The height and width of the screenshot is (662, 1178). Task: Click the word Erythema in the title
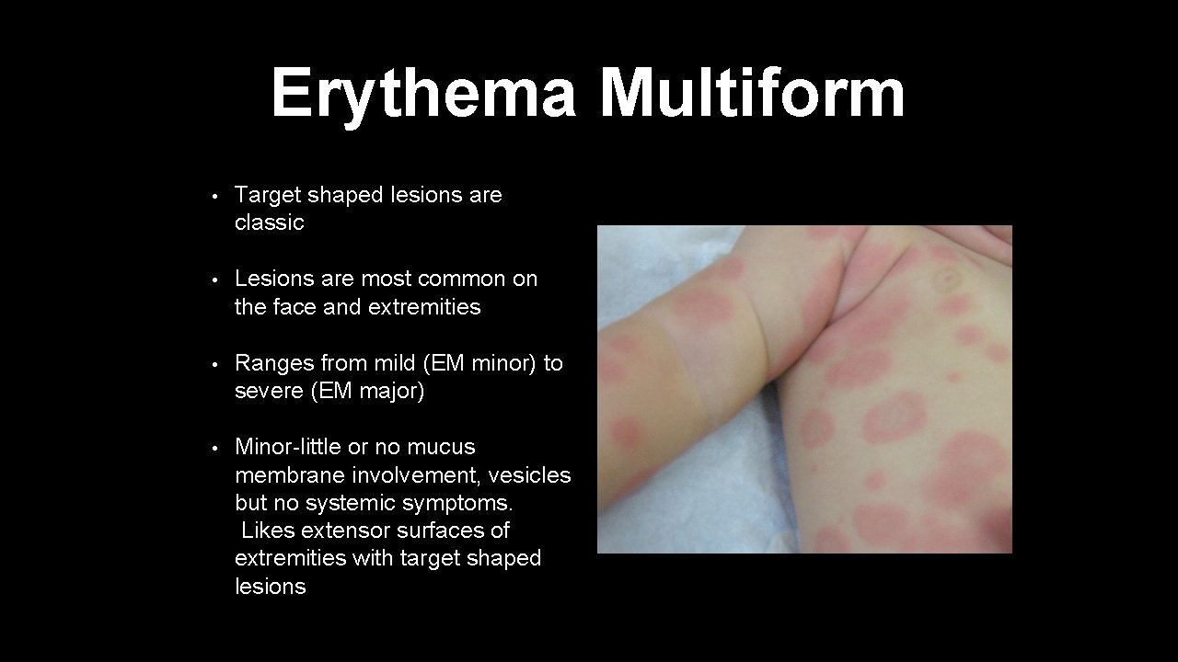pyautogui.click(x=423, y=94)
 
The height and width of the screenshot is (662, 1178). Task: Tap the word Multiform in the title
pyautogui.click(x=752, y=94)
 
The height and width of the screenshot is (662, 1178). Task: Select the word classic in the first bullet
pyautogui.click(x=269, y=223)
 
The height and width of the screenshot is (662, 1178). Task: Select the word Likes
pyautogui.click(x=268, y=531)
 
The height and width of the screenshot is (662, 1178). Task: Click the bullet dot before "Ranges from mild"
pyautogui.click(x=214, y=364)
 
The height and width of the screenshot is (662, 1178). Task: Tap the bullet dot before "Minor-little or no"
pyautogui.click(x=214, y=448)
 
